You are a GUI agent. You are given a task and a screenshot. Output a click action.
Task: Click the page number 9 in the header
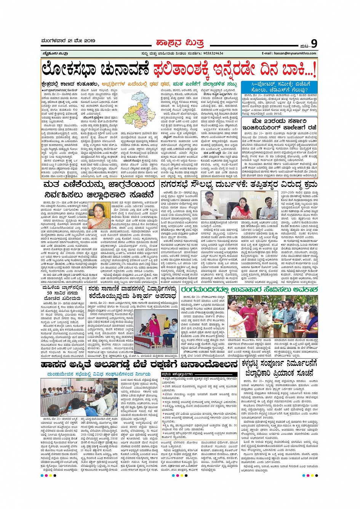point(314,43)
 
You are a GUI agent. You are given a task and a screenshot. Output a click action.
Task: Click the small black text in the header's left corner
point(52,53)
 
